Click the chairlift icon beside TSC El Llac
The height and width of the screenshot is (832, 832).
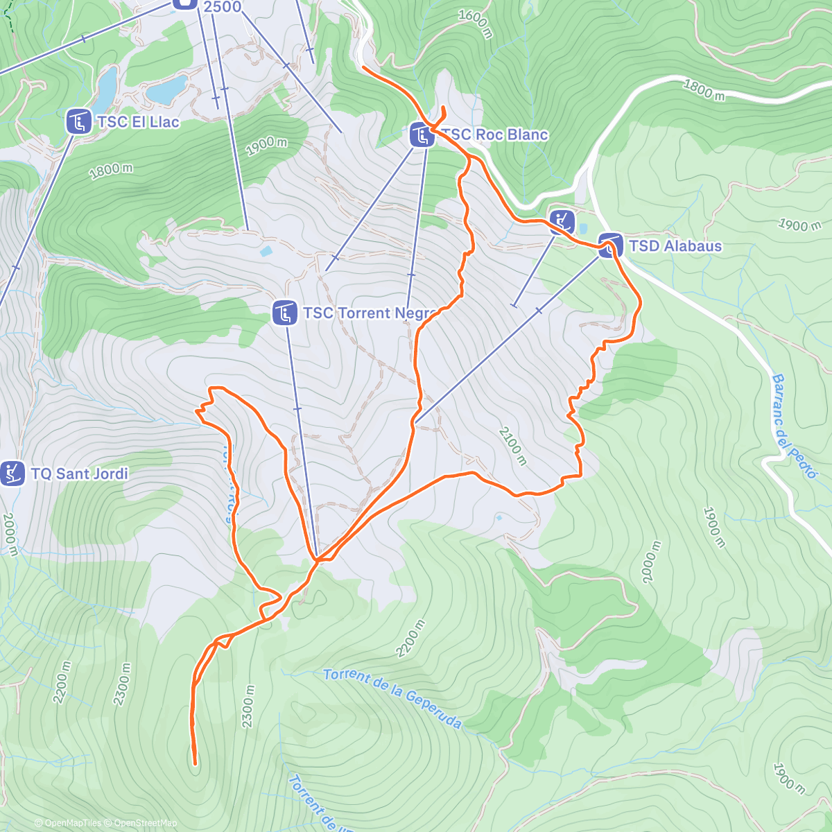click(79, 122)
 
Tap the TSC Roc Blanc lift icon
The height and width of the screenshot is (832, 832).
click(422, 135)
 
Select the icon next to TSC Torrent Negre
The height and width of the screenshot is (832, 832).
click(285, 313)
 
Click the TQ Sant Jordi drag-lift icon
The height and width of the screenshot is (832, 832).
click(12, 474)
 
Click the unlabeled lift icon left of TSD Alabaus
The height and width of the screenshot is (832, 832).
click(562, 222)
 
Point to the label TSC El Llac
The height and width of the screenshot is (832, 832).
click(138, 122)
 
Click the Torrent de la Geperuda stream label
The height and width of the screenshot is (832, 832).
click(392, 698)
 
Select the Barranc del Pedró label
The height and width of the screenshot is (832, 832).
click(794, 426)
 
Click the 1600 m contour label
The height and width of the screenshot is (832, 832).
click(475, 24)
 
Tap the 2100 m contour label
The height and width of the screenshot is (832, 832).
click(512, 446)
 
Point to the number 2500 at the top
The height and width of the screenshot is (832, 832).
click(223, 7)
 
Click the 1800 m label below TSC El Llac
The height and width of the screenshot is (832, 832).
click(111, 171)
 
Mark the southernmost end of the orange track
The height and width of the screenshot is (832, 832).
click(196, 763)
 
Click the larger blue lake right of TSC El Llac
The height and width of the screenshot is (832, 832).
click(166, 89)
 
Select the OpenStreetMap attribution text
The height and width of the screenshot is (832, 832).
click(146, 823)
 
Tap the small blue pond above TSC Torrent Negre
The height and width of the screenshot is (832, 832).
click(266, 252)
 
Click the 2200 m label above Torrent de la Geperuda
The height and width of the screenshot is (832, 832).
click(410, 639)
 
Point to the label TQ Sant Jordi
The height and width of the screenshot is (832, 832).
click(79, 474)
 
